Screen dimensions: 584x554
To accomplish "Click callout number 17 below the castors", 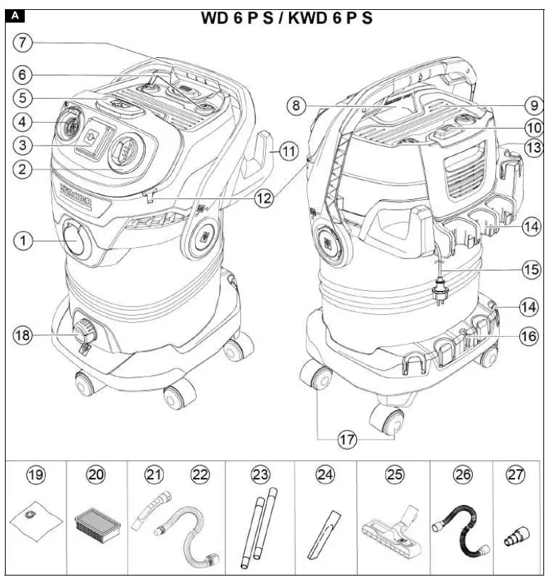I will tap(347, 439).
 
